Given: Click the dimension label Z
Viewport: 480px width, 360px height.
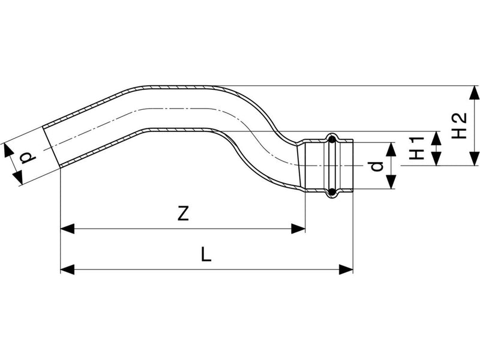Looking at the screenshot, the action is pyautogui.click(x=183, y=214).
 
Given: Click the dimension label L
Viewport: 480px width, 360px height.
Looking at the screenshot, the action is pyautogui.click(x=206, y=254).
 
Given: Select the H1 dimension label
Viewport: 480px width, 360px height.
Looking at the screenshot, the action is pyautogui.click(x=416, y=148).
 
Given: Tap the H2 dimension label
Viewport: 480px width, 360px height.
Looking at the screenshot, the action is pyautogui.click(x=459, y=126).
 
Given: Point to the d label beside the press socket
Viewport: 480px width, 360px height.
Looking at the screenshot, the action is pyautogui.click(x=377, y=166).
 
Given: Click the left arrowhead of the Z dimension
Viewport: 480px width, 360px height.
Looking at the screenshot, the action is pyautogui.click(x=67, y=229).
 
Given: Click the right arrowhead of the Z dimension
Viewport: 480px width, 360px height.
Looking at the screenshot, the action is pyautogui.click(x=298, y=229).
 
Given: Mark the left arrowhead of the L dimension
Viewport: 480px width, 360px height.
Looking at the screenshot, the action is pyautogui.click(x=67, y=269).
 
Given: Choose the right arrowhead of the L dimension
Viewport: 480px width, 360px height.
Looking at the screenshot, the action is pyautogui.click(x=346, y=269).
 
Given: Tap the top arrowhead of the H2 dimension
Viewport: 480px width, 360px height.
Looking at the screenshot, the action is pyautogui.click(x=475, y=92).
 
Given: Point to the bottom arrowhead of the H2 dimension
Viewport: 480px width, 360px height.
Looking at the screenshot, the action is pyautogui.click(x=475, y=158).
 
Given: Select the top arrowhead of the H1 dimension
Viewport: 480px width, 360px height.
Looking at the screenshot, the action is pyautogui.click(x=436, y=138).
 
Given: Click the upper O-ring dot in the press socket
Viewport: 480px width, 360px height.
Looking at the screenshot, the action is pyautogui.click(x=332, y=139).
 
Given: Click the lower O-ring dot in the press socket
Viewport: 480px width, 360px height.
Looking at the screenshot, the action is pyautogui.click(x=332, y=192).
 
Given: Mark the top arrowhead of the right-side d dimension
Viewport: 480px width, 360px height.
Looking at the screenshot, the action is pyautogui.click(x=391, y=149).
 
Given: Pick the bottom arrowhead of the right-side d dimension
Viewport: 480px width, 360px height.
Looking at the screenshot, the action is pyautogui.click(x=391, y=182).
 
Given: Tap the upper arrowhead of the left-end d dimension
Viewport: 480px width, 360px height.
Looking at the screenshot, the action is pyautogui.click(x=8, y=150).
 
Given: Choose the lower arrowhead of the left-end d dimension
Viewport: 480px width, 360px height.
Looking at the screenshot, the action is pyautogui.click(x=18, y=178).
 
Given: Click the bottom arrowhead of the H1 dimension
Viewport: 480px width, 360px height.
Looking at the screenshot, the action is pyautogui.click(x=436, y=158).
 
